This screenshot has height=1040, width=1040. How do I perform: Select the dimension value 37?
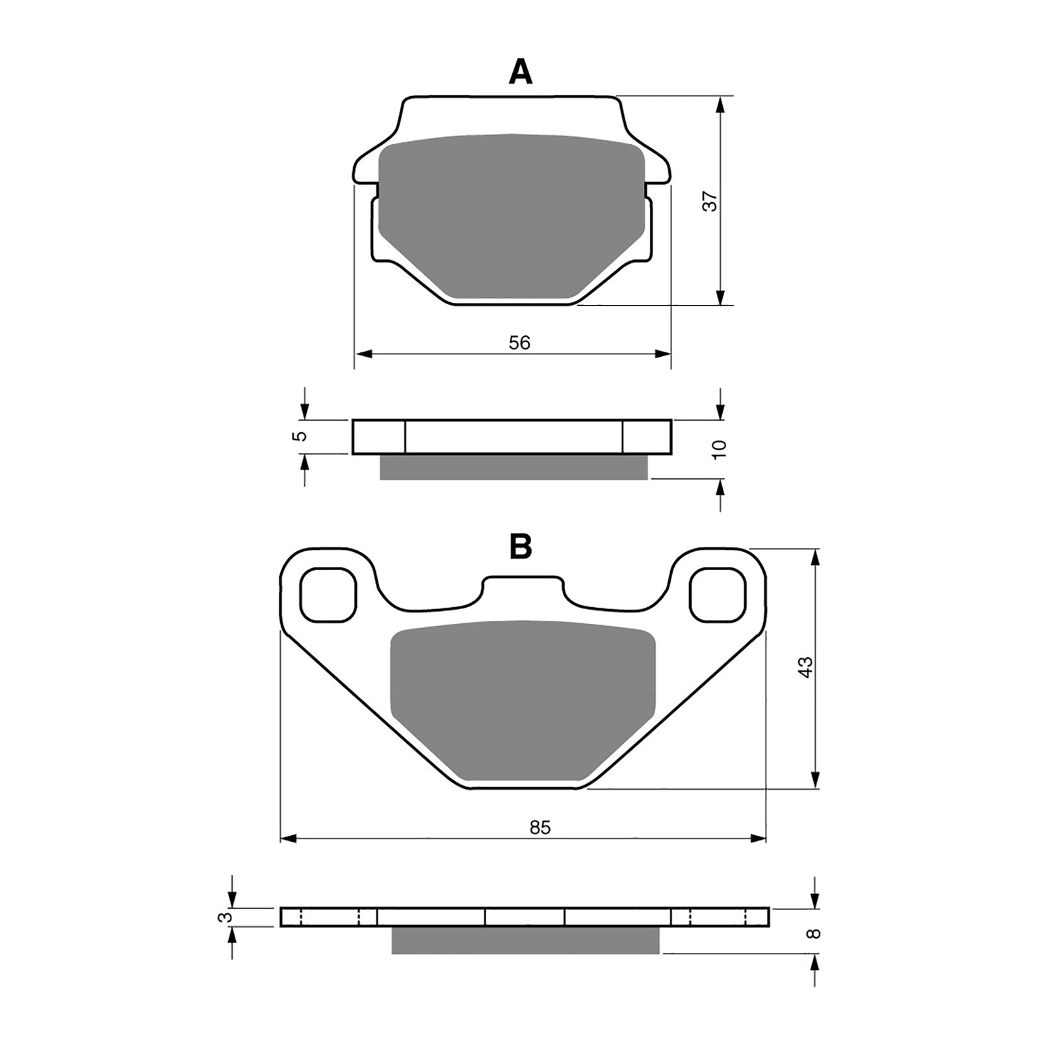click(x=712, y=201)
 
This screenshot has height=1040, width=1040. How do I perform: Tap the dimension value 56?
click(x=519, y=343)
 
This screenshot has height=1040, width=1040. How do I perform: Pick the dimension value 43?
click(x=805, y=668)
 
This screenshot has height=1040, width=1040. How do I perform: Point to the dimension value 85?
click(x=540, y=827)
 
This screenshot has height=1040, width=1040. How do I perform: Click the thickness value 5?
click(x=300, y=436)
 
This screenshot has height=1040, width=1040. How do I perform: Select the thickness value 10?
click(x=720, y=449)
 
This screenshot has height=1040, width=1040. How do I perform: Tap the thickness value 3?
click(x=225, y=917)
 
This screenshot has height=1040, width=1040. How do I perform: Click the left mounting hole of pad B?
click(x=330, y=594)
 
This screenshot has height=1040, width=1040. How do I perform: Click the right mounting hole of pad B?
click(x=717, y=594)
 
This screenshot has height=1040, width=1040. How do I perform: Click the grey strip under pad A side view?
click(x=513, y=467)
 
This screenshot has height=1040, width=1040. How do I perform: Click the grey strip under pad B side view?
click(x=525, y=940)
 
